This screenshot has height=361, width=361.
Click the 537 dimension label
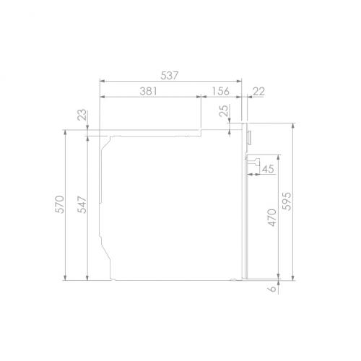(170, 76)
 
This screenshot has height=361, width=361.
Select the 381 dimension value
(149, 91)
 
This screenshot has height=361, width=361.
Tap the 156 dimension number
(221, 91)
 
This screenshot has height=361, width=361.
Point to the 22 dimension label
(259, 91)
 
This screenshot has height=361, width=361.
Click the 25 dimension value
(224, 110)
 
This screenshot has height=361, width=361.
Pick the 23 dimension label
(82, 115)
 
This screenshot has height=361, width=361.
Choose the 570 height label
(60, 204)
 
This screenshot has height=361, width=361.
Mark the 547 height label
(82, 205)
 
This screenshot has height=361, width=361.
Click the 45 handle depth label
(268, 169)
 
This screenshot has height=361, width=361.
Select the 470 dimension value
(272, 217)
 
